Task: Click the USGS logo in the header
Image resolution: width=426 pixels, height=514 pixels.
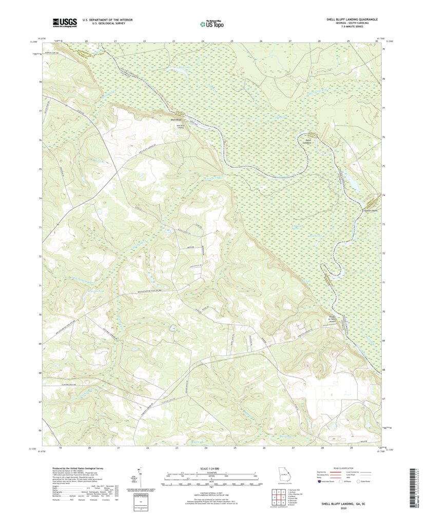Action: coord(64,22)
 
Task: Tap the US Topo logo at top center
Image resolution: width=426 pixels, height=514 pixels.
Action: coord(211,23)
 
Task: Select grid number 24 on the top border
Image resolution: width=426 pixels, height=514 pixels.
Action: coord(203,41)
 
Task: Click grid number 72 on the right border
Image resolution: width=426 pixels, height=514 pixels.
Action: coord(384,253)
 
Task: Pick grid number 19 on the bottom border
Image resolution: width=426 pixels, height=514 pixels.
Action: coord(61,448)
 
